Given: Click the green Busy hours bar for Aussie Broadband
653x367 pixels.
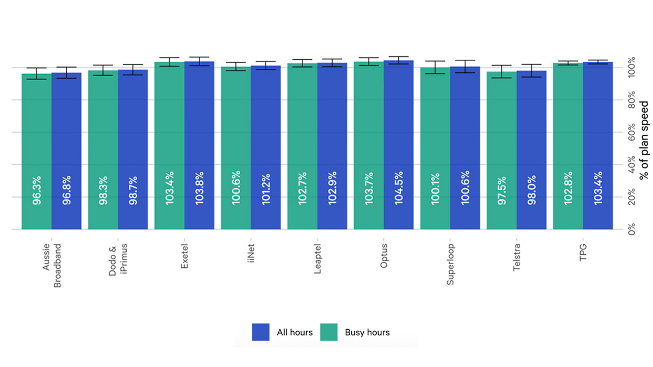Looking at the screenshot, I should pyautogui.click(x=36, y=140).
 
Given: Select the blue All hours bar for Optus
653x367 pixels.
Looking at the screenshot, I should pyautogui.click(x=398, y=140).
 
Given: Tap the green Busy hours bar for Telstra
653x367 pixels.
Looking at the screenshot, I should pyautogui.click(x=501, y=140).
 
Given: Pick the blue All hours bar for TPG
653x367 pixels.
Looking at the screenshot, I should pyautogui.click(x=598, y=140).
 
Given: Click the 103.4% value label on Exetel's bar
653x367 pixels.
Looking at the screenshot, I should pyautogui.click(x=170, y=188).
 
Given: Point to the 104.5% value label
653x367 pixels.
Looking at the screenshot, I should pyautogui.click(x=398, y=188).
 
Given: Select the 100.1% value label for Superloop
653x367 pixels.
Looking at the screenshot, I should pyautogui.click(x=435, y=188).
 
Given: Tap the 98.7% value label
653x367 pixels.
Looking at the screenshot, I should pyautogui.click(x=133, y=190).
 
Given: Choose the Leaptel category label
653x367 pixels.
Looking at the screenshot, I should pyautogui.click(x=317, y=258).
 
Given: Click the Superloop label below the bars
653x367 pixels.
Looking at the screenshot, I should pyautogui.click(x=450, y=264).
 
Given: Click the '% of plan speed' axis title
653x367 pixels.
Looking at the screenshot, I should pyautogui.click(x=644, y=140).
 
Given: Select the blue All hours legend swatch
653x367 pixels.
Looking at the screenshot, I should pyautogui.click(x=261, y=332).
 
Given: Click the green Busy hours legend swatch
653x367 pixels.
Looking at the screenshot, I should pyautogui.click(x=328, y=332).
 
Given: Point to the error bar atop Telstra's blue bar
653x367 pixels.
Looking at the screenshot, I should pyautogui.click(x=531, y=70).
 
